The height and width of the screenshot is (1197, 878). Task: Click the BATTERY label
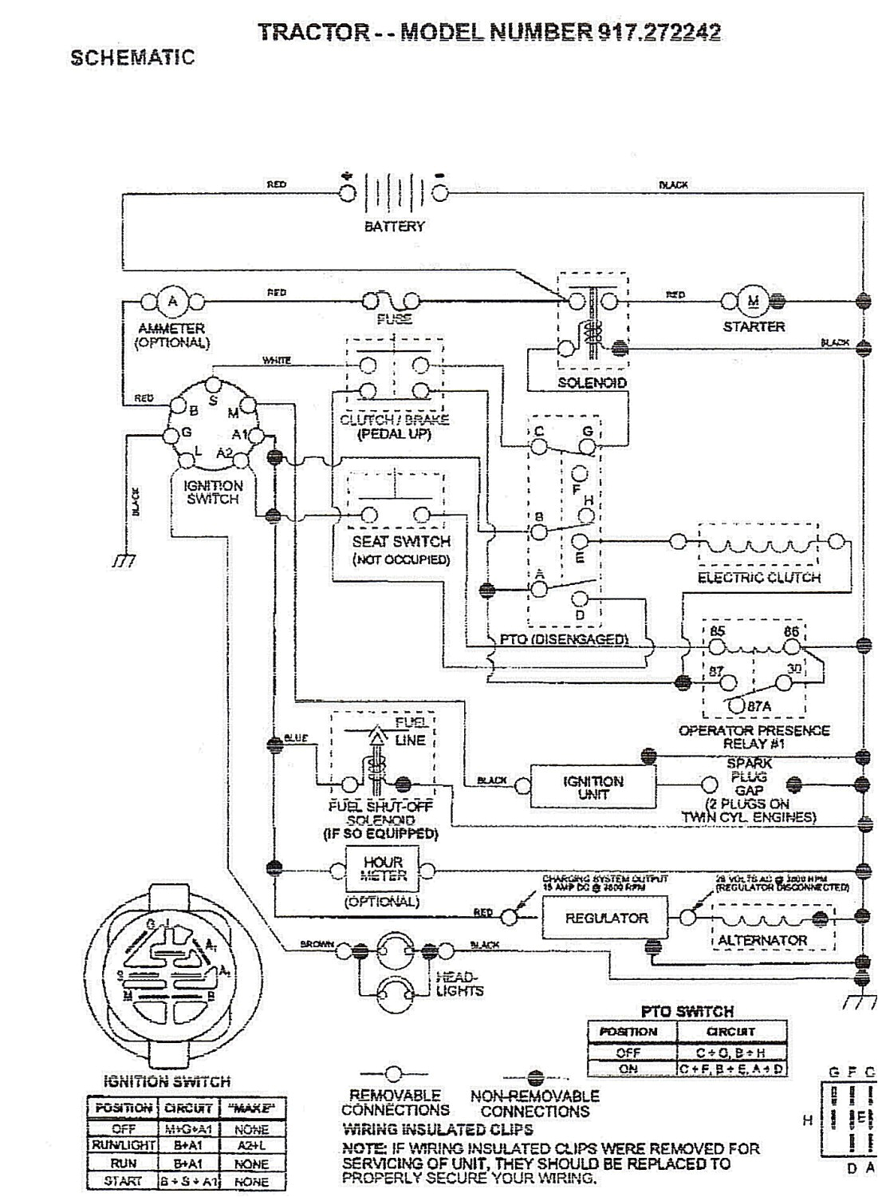point(394,227)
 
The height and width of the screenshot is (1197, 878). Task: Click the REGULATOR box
point(606,918)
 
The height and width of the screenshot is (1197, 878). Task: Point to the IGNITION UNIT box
point(593,788)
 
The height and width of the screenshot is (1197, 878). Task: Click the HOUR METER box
point(384,869)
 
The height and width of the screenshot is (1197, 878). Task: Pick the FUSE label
point(394,319)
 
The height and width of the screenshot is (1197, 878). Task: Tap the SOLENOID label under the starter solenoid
point(592,383)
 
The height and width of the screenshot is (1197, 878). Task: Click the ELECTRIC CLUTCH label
point(758,577)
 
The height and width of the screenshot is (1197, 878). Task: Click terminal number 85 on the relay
point(717,631)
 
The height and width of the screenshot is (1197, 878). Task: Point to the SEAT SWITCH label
point(401,541)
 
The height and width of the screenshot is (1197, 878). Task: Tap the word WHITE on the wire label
point(276,361)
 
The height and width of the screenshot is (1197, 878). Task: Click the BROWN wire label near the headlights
point(317,944)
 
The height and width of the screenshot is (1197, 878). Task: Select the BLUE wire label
point(296,738)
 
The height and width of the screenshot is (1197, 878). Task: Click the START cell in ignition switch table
point(124,1181)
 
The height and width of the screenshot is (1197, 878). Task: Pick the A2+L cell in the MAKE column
point(252,1146)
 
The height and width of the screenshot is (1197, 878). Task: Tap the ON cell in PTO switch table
point(629,1069)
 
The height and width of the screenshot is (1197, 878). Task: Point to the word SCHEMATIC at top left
point(132,57)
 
